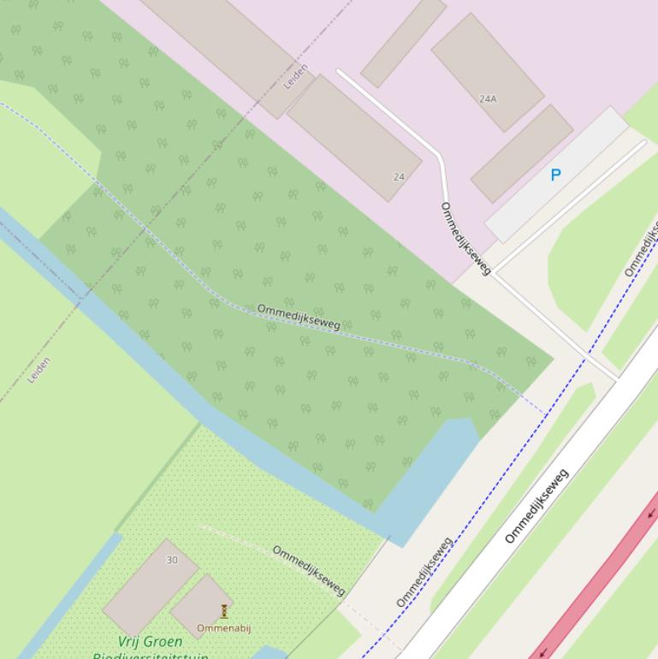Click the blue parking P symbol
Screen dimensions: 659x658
pyautogui.click(x=555, y=175)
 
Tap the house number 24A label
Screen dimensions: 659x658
pyautogui.click(x=488, y=99)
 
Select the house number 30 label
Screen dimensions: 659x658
pyautogui.click(x=172, y=560)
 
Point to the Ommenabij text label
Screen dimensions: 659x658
pyautogui.click(x=224, y=628)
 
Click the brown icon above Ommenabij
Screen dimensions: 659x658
pyautogui.click(x=224, y=611)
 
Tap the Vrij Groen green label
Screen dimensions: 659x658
pyautogui.click(x=150, y=641)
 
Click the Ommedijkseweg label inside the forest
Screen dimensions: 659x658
pyautogui.click(x=299, y=317)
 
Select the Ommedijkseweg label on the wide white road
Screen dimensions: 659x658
pyautogui.click(x=536, y=506)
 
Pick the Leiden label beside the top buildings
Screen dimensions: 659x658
pyautogui.click(x=296, y=77)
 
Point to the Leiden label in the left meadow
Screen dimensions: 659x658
pyautogui.click(x=39, y=370)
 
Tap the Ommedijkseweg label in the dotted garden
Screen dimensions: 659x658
pyautogui.click(x=309, y=570)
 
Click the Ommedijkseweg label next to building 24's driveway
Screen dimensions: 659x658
pyautogui.click(x=465, y=239)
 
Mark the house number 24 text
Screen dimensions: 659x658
pyautogui.click(x=399, y=177)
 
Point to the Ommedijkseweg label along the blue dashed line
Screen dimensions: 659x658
pyautogui.click(x=424, y=572)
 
